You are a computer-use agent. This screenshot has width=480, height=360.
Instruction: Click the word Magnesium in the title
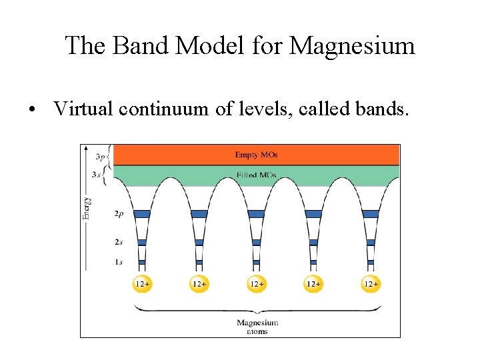(353, 45)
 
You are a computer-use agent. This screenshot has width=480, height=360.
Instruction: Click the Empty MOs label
(256, 155)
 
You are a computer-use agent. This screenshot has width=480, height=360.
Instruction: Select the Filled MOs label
(256, 175)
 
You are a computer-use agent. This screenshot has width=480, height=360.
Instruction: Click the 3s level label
(98, 175)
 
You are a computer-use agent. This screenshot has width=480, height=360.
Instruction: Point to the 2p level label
(117, 215)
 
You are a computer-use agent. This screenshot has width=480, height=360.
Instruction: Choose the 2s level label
(117, 242)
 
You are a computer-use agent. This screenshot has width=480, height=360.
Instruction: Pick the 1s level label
(117, 262)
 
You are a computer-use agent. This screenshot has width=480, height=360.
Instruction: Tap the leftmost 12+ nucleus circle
(142, 283)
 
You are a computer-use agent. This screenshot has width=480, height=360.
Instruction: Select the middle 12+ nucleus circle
(257, 283)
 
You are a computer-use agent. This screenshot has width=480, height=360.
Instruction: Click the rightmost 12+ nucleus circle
(371, 283)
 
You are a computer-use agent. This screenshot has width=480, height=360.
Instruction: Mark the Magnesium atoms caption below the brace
(257, 327)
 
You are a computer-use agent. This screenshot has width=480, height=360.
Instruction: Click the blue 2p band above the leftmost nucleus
(142, 214)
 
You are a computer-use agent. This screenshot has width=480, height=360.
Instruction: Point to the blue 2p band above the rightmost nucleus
(371, 214)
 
